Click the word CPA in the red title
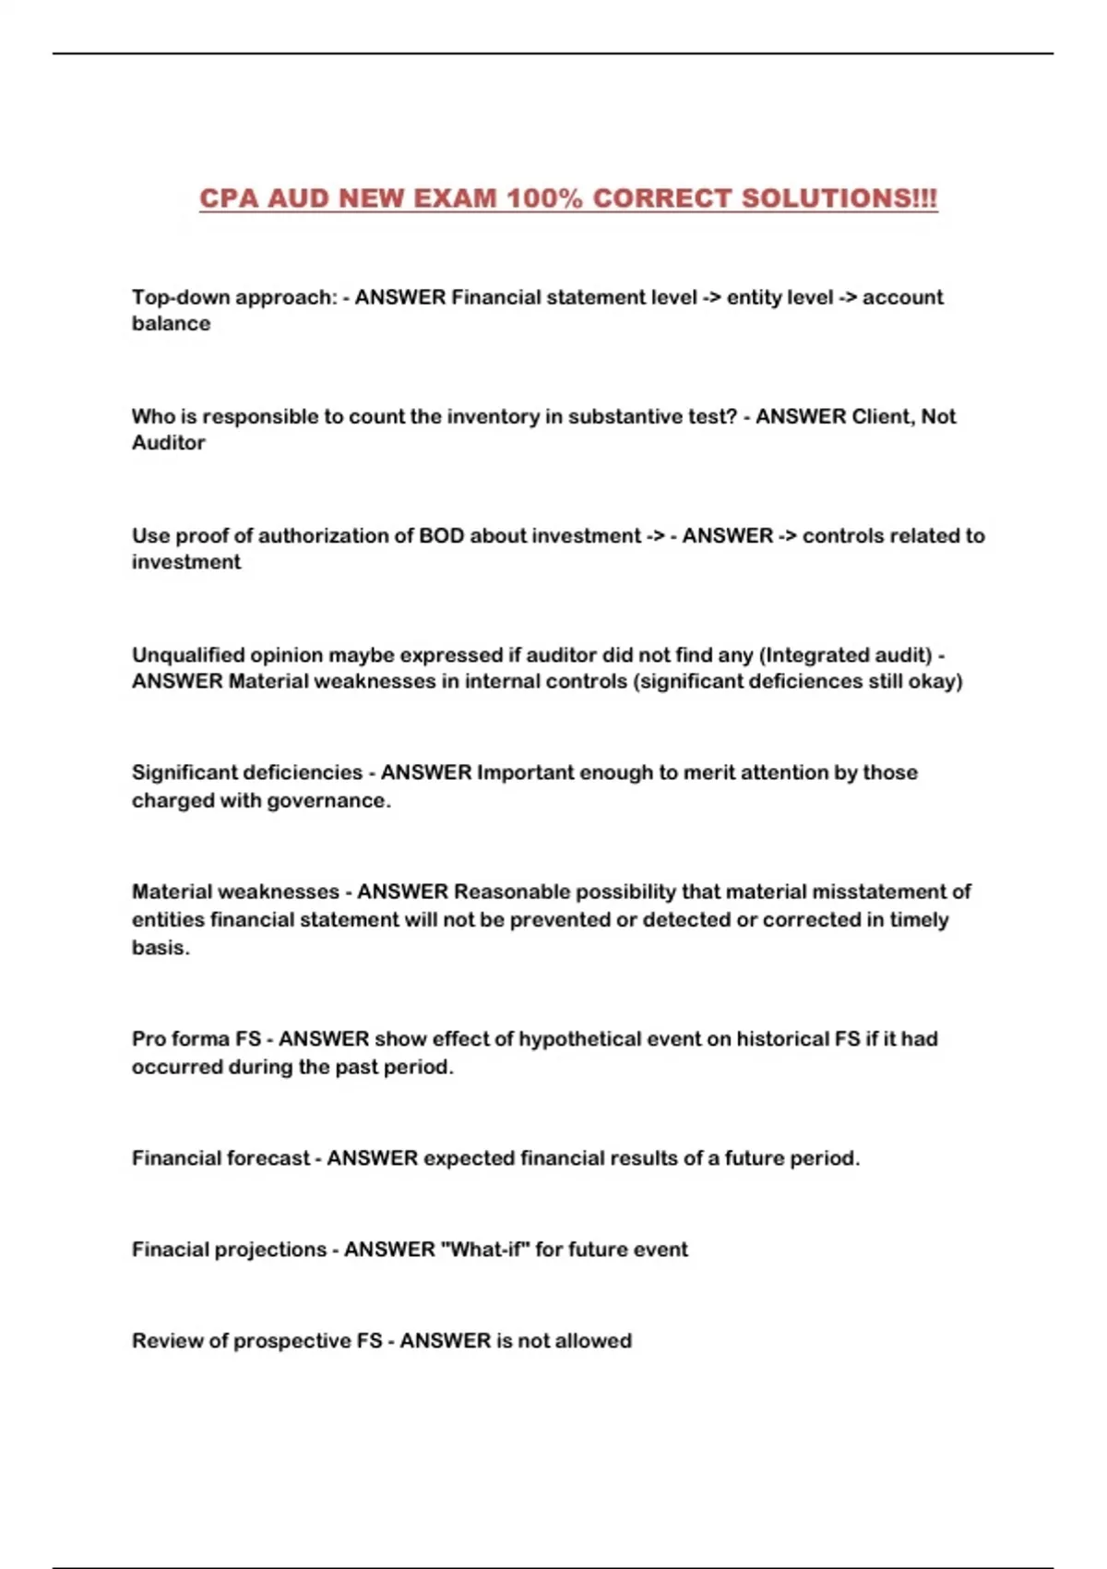click(x=230, y=198)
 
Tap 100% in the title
click(x=548, y=198)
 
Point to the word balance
click(x=171, y=324)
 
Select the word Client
click(x=882, y=416)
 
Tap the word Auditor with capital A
click(x=168, y=443)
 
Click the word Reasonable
click(x=511, y=892)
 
